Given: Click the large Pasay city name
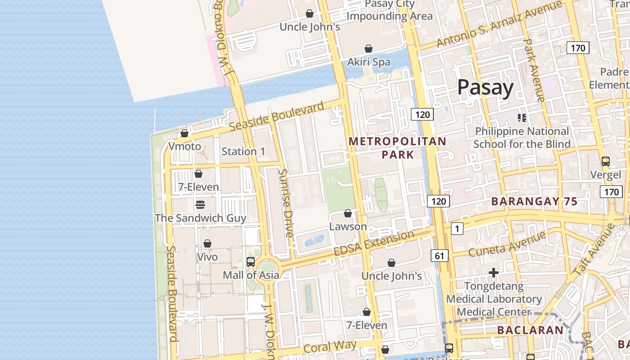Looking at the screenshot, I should point(485,87).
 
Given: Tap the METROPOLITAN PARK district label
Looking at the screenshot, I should point(398,148).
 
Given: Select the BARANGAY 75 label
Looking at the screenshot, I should point(534,202).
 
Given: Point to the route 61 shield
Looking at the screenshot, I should point(439,256).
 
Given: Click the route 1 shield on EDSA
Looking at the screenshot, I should point(457,229).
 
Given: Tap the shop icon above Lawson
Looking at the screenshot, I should point(348,213).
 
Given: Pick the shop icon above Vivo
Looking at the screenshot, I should point(207,243).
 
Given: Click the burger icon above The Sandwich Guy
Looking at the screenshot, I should point(200,205).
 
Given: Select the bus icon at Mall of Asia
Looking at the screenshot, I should point(251,261).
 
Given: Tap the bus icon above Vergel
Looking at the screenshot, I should point(605,161).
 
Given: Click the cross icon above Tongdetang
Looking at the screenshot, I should point(494,273).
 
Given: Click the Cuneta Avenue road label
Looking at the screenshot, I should point(507,243).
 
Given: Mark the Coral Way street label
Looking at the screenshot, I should point(330,346).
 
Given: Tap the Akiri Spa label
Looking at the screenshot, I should point(369,62).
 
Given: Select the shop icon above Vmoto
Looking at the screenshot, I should point(184,133).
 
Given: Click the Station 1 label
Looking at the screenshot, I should point(243,152).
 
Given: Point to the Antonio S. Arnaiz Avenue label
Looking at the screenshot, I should point(499,24).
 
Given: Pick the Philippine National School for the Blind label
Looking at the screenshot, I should point(522,138).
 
